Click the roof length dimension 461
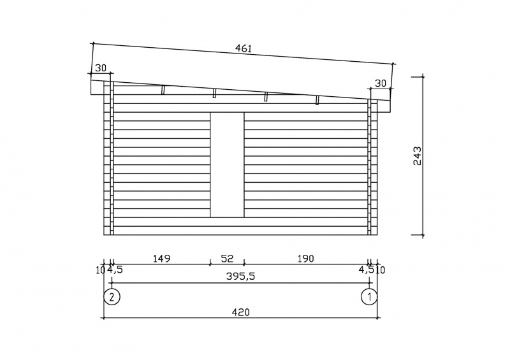click(244, 48)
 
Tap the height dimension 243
click(418, 155)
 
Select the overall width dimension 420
click(241, 312)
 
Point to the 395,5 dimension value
click(241, 277)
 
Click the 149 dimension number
click(162, 259)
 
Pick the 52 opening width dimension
click(227, 259)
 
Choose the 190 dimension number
click(306, 259)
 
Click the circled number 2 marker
click(112, 296)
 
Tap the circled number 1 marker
click(370, 296)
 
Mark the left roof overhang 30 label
click(101, 68)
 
